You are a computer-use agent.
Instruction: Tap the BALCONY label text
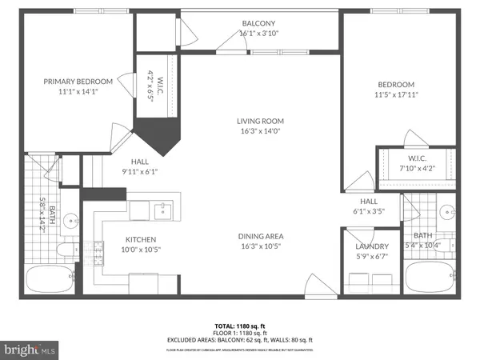point(260,24)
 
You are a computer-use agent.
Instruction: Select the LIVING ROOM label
point(260,122)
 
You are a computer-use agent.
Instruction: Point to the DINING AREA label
point(260,236)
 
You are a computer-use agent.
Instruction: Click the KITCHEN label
point(140,239)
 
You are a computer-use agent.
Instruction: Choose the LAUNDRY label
point(372,246)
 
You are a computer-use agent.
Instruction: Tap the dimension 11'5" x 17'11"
point(397,94)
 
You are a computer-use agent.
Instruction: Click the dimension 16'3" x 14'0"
point(260,132)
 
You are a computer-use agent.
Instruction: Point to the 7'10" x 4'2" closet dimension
point(415,166)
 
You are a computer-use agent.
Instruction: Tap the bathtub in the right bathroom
point(431,281)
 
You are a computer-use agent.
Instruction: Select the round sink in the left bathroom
point(70,218)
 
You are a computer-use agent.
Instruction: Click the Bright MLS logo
point(30,350)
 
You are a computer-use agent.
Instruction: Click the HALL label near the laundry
point(368,202)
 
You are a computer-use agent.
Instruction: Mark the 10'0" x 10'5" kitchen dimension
point(140,250)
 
